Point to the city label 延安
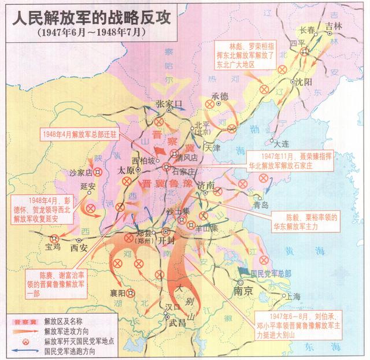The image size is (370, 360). pyautogui.click(x=88, y=186)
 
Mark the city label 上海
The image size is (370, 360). pyautogui.click(x=293, y=296)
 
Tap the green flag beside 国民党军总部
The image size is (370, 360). pyautogui.click(x=243, y=270)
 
